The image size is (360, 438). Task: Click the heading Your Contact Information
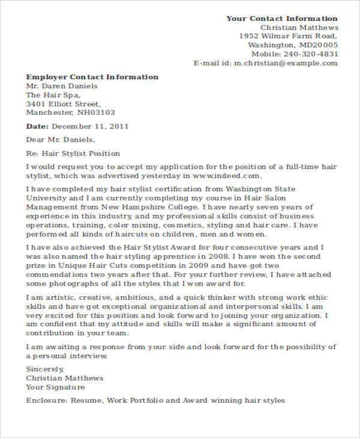point(282,19)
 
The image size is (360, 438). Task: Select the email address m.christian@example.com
point(286,63)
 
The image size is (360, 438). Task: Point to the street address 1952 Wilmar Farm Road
point(289,36)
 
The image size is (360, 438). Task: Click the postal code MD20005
point(318,45)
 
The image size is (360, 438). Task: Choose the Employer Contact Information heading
point(92,77)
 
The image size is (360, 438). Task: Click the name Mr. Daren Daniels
point(62,86)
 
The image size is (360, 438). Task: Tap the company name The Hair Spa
point(53,95)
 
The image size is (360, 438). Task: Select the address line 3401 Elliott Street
point(63,104)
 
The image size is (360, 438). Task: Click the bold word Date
point(37,127)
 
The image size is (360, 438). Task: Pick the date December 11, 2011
point(91,127)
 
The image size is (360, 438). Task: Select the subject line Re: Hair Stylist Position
point(73,154)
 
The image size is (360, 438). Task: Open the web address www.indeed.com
point(227,176)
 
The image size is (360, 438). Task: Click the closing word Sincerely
point(45,369)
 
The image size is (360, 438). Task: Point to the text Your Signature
point(57,387)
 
